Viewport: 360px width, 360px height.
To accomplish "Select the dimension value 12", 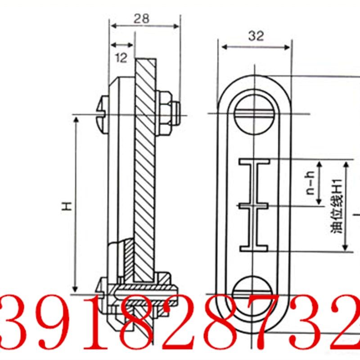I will [x=121, y=58].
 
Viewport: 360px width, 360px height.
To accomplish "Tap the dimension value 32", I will [x=256, y=36].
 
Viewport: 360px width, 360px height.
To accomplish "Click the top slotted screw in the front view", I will [x=254, y=114].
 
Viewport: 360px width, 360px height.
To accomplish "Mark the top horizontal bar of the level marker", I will [x=254, y=161].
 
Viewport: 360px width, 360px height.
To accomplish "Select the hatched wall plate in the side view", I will [x=145, y=171].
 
